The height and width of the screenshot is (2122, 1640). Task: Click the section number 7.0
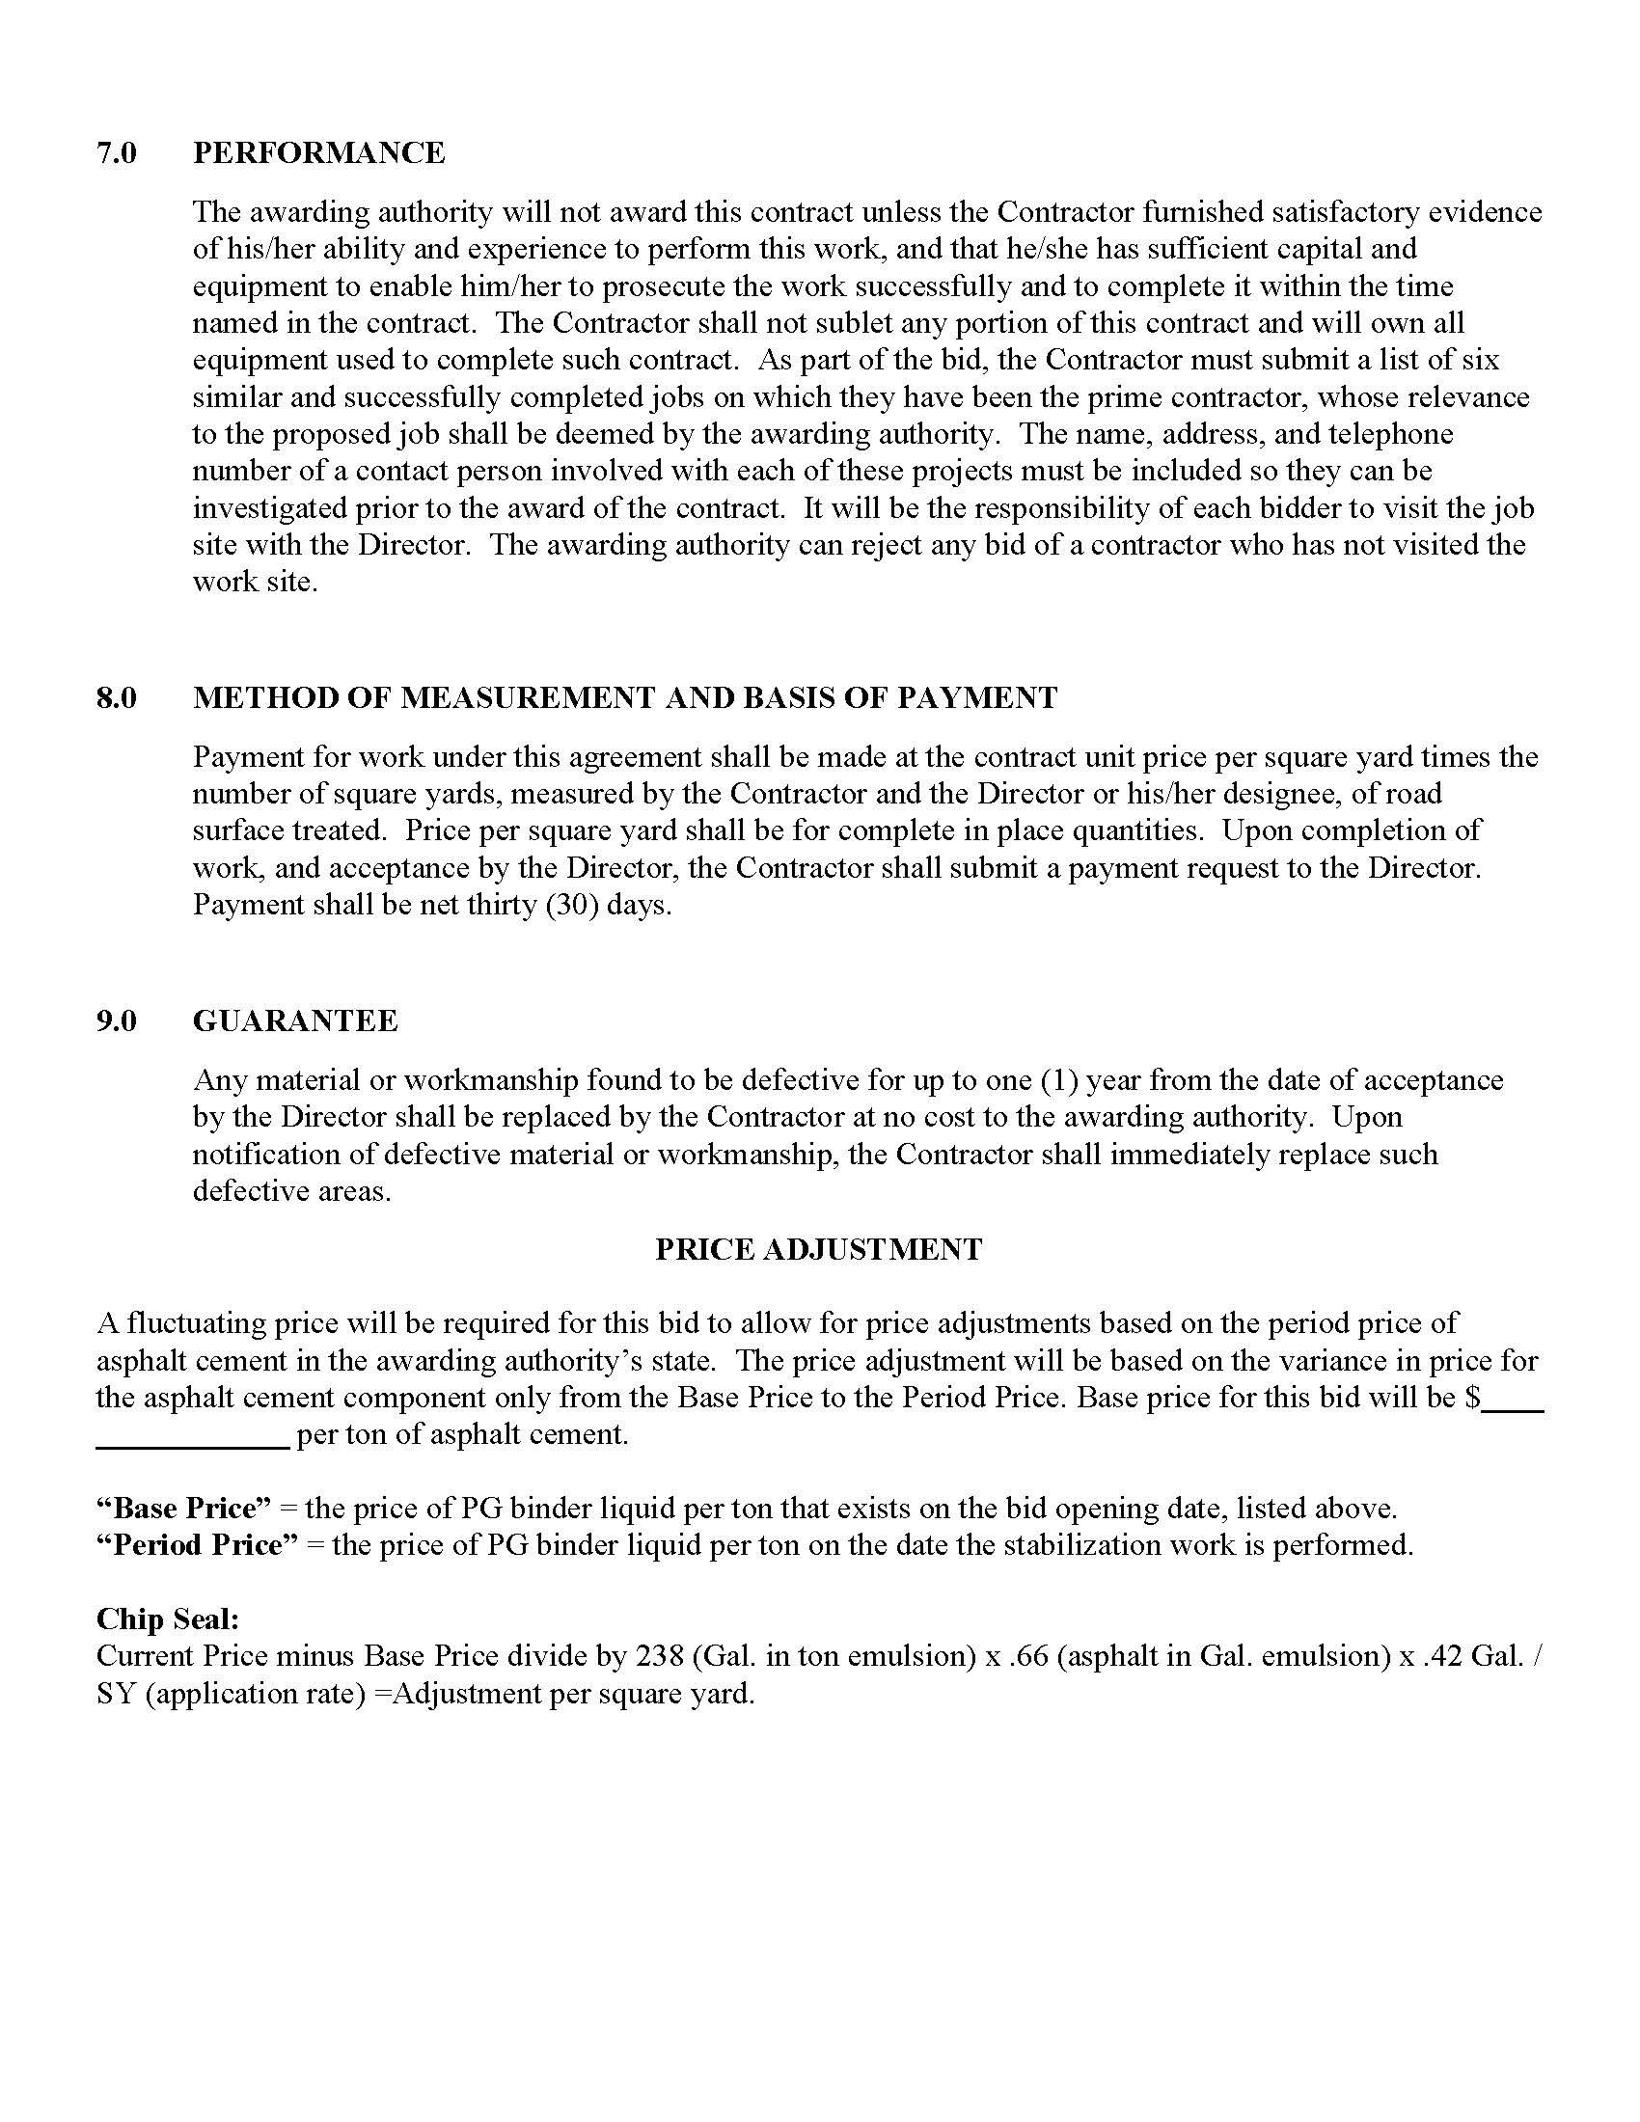[116, 153]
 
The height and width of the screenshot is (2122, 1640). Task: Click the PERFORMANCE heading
[318, 153]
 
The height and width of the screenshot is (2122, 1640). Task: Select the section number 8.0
[116, 697]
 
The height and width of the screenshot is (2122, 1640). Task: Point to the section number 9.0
[116, 1021]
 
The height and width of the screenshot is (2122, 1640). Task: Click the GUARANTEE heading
[295, 1021]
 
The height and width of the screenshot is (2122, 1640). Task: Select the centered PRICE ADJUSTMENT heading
[818, 1248]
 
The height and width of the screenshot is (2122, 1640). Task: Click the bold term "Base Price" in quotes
[183, 1509]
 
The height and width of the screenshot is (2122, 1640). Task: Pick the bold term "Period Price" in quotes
[197, 1546]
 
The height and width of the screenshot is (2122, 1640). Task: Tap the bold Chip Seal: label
[167, 1619]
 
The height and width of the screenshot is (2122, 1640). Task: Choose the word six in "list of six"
[1481, 361]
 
